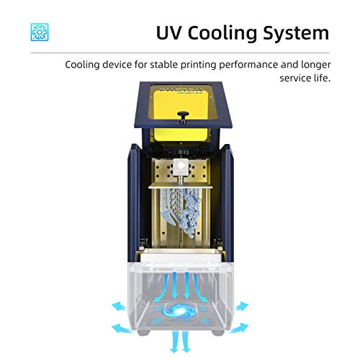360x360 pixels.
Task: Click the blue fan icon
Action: pyautogui.click(x=40, y=32)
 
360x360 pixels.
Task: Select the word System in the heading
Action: pyautogui.click(x=296, y=33)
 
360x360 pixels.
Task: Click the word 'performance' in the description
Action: pyautogui.click(x=248, y=66)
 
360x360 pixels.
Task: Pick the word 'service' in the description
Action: pyautogui.click(x=295, y=78)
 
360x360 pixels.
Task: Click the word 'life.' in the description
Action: pyautogui.click(x=322, y=78)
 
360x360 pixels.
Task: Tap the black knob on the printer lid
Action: pyautogui.click(x=183, y=116)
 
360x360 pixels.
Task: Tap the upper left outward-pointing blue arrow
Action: pyautogui.click(x=119, y=306)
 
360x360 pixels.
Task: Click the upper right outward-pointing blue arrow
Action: pyautogui.click(x=241, y=306)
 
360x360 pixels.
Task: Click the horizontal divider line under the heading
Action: pyautogui.click(x=180, y=53)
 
